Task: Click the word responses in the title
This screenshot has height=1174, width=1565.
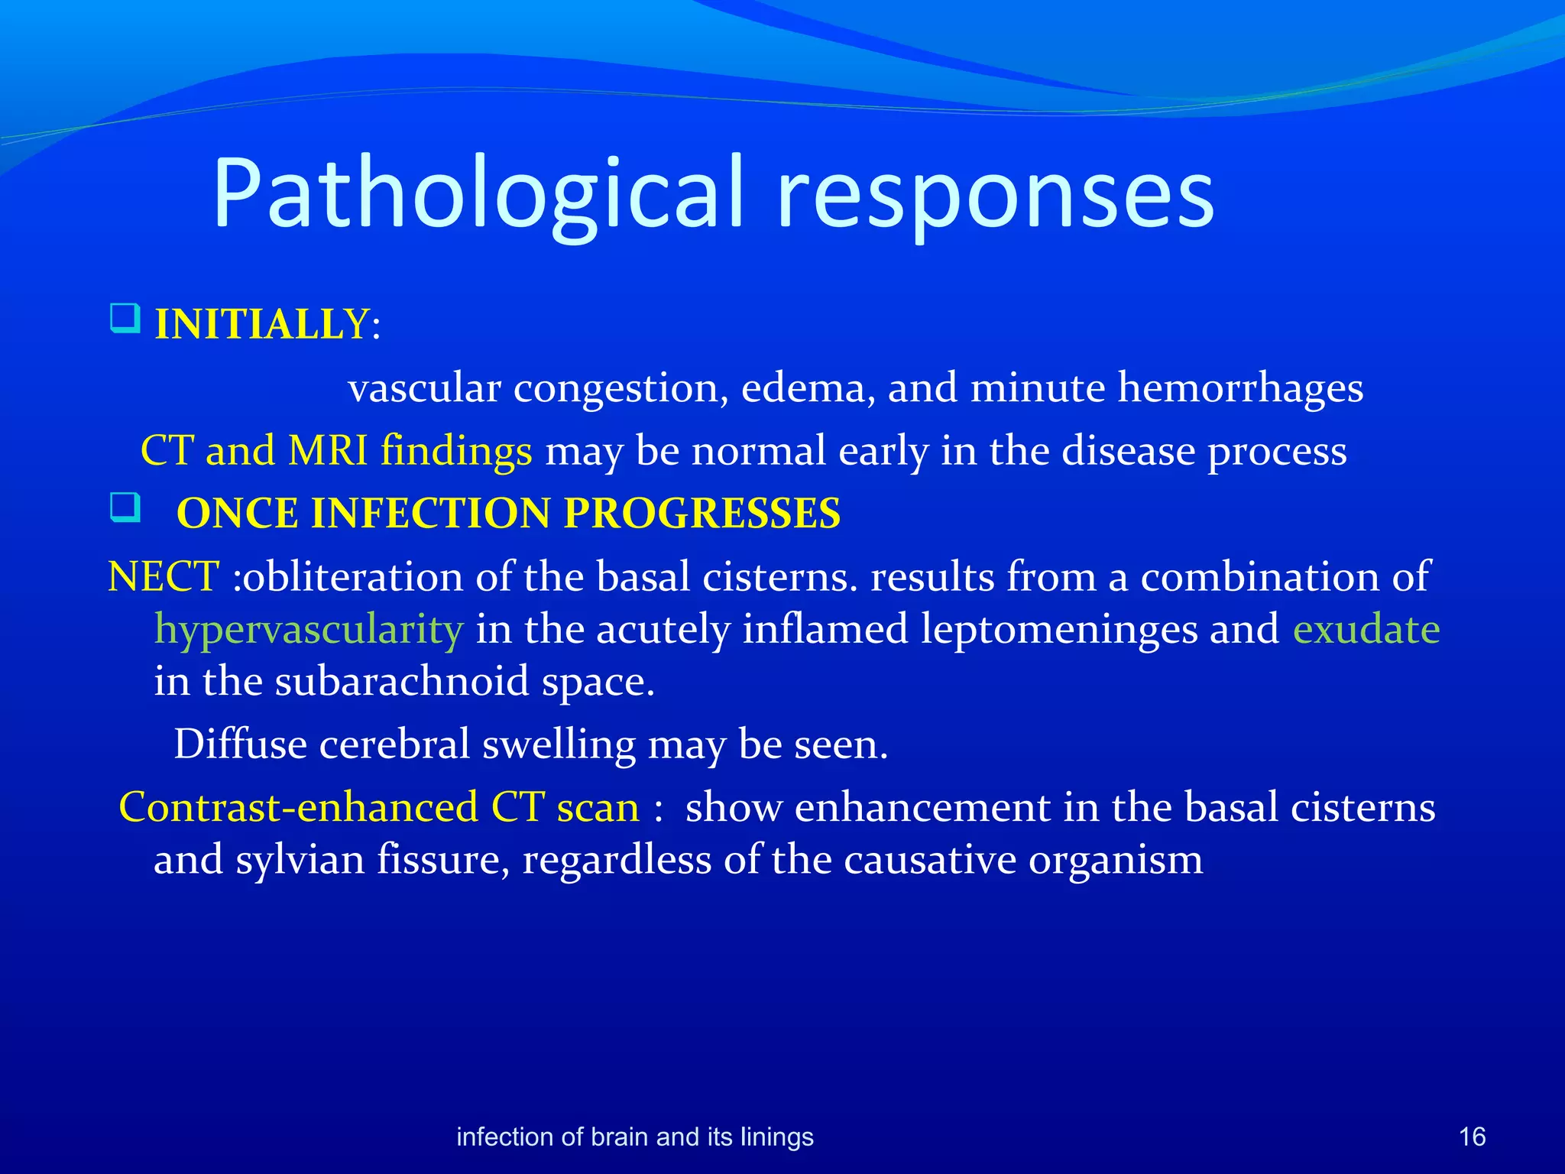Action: click(995, 193)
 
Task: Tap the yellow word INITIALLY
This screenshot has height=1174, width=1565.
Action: click(262, 325)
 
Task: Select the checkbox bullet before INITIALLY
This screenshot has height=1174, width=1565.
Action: click(125, 318)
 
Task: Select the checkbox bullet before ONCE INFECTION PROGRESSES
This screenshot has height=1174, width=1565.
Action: click(125, 507)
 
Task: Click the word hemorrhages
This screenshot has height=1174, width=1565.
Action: click(1240, 388)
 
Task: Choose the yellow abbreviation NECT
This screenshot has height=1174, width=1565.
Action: click(164, 576)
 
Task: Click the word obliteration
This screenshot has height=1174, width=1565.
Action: click(352, 576)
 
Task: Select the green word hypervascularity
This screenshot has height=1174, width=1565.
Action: click(309, 630)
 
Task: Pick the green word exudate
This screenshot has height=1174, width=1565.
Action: click(1366, 630)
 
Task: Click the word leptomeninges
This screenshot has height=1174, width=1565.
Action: click(1058, 630)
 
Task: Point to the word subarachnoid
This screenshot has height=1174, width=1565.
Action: click(402, 681)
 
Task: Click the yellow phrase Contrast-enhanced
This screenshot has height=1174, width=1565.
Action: click(299, 807)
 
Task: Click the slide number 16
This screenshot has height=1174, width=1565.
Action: click(1472, 1137)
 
